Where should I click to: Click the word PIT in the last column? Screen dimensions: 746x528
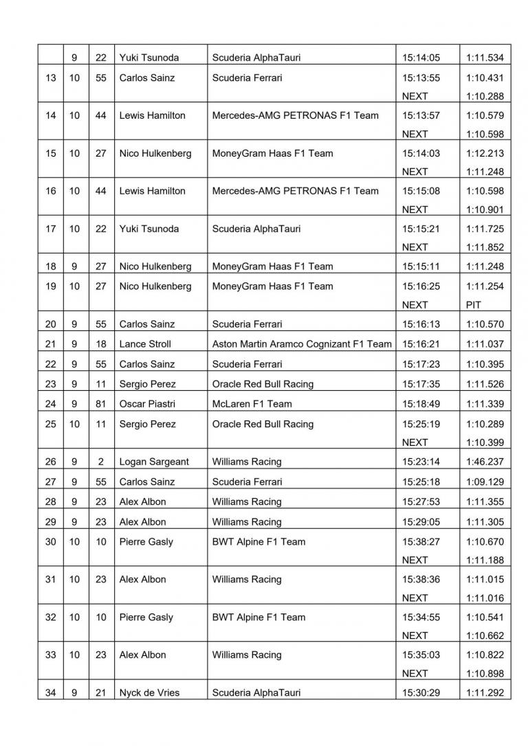pos(474,305)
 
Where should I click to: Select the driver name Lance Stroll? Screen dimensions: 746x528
pos(145,344)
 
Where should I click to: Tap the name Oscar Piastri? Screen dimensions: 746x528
pos(146,405)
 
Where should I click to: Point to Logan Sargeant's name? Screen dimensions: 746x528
pos(153,462)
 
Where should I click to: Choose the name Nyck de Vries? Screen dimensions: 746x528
pos(149,693)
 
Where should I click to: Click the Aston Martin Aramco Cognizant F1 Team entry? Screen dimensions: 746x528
pos(302,344)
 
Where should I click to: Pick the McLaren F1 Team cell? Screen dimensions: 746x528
pos(252,405)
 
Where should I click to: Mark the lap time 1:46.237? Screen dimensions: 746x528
pos(485,462)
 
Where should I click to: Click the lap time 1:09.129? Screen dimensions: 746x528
pos(485,482)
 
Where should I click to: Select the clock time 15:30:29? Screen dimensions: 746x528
pos(421,693)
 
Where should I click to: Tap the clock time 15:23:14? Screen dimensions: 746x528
pos(421,462)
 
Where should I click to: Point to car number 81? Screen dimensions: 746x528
pos(101,405)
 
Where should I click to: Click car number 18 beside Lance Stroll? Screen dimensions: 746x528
pos(101,344)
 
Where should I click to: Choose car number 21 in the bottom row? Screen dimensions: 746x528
pos(101,693)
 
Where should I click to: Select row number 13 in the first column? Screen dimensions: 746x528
pos(51,78)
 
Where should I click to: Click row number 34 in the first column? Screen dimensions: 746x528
pos(51,693)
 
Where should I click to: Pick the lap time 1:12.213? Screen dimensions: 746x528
pos(485,154)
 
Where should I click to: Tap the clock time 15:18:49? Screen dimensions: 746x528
pos(421,405)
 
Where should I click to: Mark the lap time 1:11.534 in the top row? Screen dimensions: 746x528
pos(485,58)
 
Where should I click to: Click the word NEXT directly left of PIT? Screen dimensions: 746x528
pos(415,305)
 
